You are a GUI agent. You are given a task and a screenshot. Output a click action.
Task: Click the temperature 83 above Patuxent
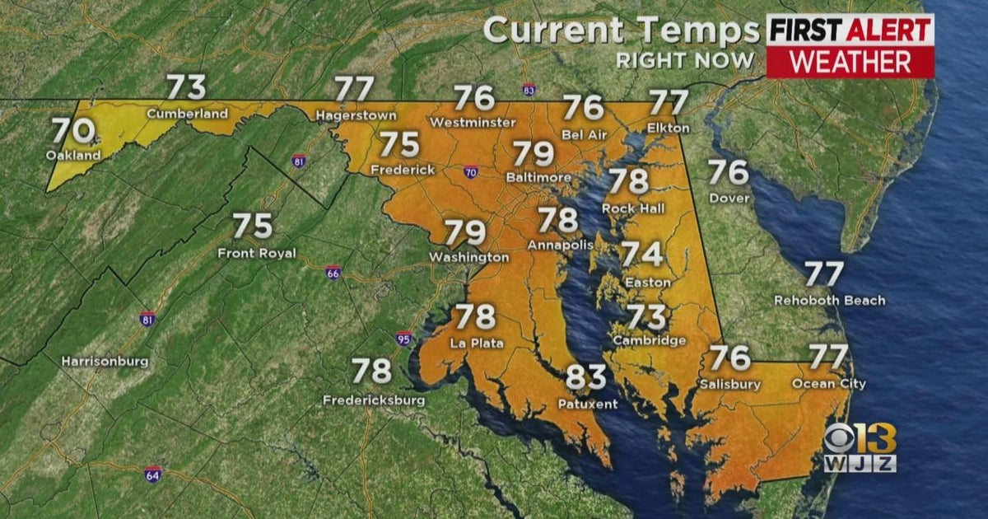point(586,378)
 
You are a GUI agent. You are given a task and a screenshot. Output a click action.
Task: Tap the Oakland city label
point(73,155)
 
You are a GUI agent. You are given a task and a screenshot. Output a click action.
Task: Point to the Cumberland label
point(187,114)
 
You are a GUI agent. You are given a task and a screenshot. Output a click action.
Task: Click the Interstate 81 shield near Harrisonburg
point(147,318)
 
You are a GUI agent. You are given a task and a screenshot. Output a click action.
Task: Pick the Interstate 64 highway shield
point(152,474)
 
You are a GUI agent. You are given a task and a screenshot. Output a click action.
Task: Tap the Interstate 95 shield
point(403,337)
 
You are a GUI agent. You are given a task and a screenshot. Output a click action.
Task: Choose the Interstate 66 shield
point(333,272)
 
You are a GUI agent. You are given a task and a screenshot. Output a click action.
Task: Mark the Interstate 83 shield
point(529,88)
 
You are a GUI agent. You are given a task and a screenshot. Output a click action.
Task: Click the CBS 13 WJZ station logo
point(860,449)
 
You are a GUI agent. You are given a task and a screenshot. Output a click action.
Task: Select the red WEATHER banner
point(851,62)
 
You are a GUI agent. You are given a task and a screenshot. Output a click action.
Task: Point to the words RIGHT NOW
point(685,60)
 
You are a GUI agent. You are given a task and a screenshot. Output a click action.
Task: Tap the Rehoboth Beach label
point(829,301)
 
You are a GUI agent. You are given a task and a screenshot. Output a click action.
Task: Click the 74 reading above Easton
point(642,255)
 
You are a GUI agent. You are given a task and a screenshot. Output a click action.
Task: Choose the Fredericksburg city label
point(375,400)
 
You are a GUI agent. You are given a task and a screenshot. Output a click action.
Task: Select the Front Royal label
point(256,253)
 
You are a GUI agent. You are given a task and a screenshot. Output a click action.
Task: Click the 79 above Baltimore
point(533,153)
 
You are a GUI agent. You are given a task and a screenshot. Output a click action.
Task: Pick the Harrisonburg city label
point(105,361)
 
